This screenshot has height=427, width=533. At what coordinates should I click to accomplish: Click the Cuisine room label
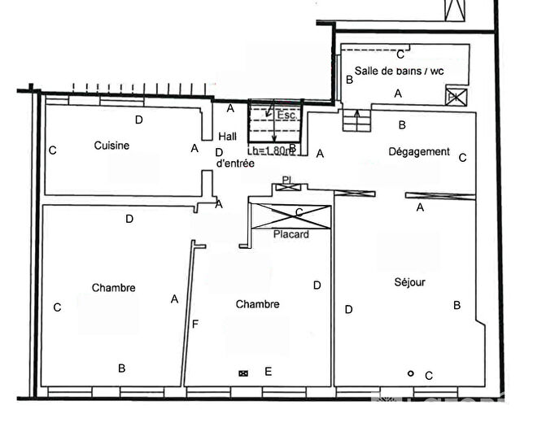coord(111,146)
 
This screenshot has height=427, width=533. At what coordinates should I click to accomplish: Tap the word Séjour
coord(409,282)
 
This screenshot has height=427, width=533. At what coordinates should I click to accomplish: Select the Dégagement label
coord(419,151)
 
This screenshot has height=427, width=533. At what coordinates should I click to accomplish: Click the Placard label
coord(291,234)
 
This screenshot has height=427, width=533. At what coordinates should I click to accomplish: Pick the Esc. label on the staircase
coord(286,115)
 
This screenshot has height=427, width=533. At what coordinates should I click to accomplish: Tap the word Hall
coord(229,137)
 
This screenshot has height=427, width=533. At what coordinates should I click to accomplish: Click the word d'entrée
coord(235,163)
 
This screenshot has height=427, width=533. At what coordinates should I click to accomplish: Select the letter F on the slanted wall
coord(194,325)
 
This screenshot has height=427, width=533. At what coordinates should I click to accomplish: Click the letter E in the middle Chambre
coord(268,372)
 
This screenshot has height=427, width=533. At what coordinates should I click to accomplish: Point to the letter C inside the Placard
coord(299,213)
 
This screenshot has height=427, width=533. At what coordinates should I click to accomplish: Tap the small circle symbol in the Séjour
coord(411,373)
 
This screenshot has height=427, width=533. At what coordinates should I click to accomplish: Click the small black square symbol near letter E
coord(242,373)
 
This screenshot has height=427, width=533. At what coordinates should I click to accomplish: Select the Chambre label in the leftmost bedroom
coord(113,288)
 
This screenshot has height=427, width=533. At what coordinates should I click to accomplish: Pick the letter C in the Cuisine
coord(52,150)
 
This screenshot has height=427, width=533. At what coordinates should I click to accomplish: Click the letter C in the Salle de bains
coord(400,54)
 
